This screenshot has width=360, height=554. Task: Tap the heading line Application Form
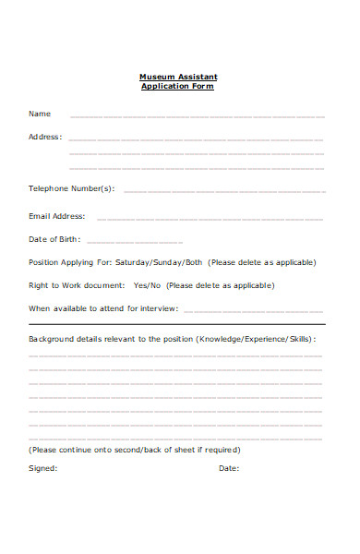coord(177,86)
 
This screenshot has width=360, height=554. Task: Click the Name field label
coord(40,114)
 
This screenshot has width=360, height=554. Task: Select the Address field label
coord(45,137)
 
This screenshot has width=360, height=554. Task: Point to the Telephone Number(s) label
coord(72,188)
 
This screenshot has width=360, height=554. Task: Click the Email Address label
coord(57,216)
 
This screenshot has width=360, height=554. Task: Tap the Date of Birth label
coord(54,239)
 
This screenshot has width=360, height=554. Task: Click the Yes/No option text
coord(147,285)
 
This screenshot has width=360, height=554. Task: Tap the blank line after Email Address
coord(210,220)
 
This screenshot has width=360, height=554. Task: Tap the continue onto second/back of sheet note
coord(135,450)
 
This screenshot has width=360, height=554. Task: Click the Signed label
coord(42,468)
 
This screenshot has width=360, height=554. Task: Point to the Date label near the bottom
coord(228,468)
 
